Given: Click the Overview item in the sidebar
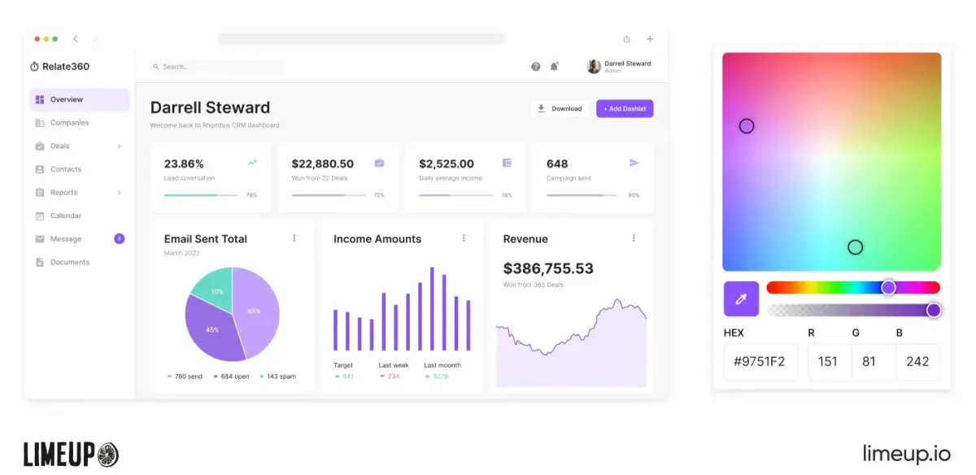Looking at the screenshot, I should coord(67,99).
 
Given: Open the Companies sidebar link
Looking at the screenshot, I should coord(69,123).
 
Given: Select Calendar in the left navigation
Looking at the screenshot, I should coord(66,216).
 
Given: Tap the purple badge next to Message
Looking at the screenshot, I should coord(120,238).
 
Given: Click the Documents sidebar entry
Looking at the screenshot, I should coord(70,262).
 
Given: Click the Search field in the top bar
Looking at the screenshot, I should coord(216,67).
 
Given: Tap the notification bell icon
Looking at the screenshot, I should coord(555,67).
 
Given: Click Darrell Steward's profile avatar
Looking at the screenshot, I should coord(594,67).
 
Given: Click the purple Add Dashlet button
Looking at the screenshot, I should coord(625,108).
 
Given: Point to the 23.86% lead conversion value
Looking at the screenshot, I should coord(184,163).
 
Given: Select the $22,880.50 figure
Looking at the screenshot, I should coord(322,163).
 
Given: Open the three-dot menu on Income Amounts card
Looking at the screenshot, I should coord(464,238).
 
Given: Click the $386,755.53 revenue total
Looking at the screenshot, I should coord(548,268).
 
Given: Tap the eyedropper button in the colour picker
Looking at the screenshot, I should coord(741,299).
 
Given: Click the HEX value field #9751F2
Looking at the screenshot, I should coord(760,361).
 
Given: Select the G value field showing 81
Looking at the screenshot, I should coord(869,361).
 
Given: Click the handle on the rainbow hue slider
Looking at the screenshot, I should coord(888,287).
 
